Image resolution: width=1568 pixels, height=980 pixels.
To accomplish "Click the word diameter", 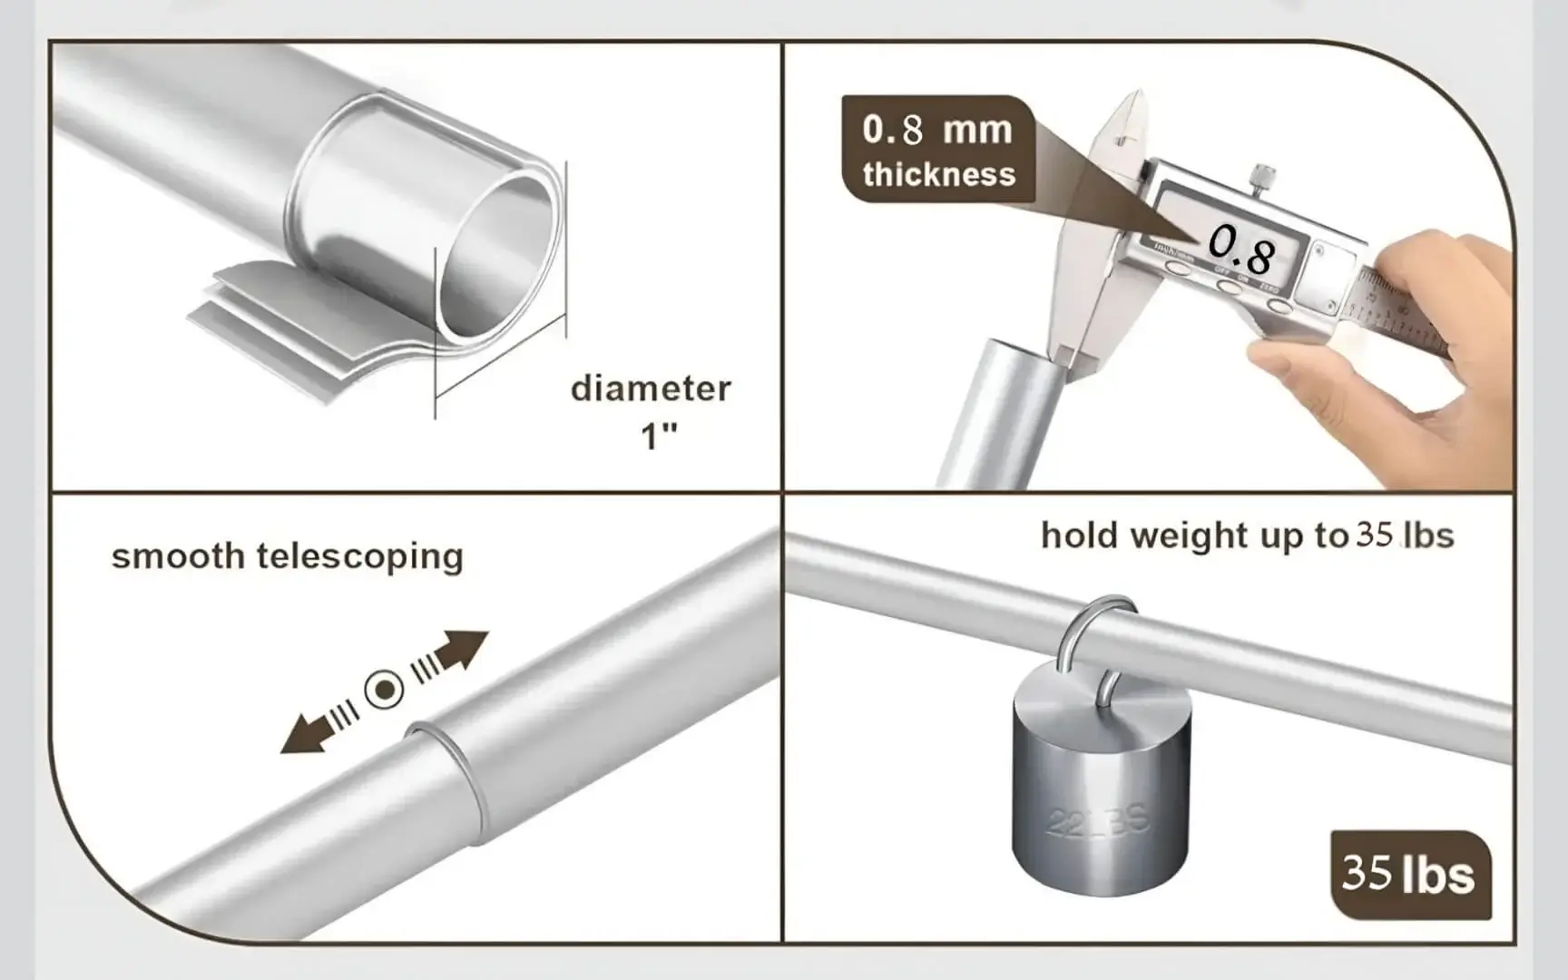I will pyautogui.click(x=650, y=389).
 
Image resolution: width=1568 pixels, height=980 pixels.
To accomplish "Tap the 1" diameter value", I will pyautogui.click(x=659, y=436).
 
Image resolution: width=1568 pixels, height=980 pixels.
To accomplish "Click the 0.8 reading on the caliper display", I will pyautogui.click(x=1240, y=250).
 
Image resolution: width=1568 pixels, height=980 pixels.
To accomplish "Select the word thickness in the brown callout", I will pyautogui.click(x=938, y=173).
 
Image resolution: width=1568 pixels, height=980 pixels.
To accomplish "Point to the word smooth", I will pyautogui.click(x=178, y=555).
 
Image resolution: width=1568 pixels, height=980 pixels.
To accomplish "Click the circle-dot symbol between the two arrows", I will pyautogui.click(x=384, y=690).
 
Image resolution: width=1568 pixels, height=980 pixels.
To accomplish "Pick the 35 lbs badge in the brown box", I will pyautogui.click(x=1408, y=874).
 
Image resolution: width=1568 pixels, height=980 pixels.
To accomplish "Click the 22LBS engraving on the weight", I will pyautogui.click(x=1097, y=822).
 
